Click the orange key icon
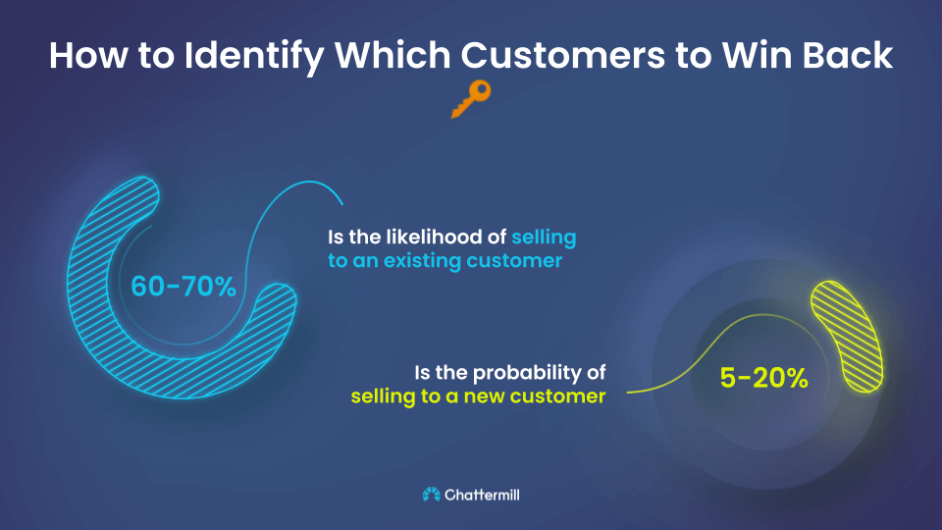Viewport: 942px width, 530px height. tap(470, 99)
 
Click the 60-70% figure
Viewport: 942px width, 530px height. tap(183, 287)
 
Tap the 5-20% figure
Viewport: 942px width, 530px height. tap(764, 378)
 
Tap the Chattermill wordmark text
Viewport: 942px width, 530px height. tap(482, 495)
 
